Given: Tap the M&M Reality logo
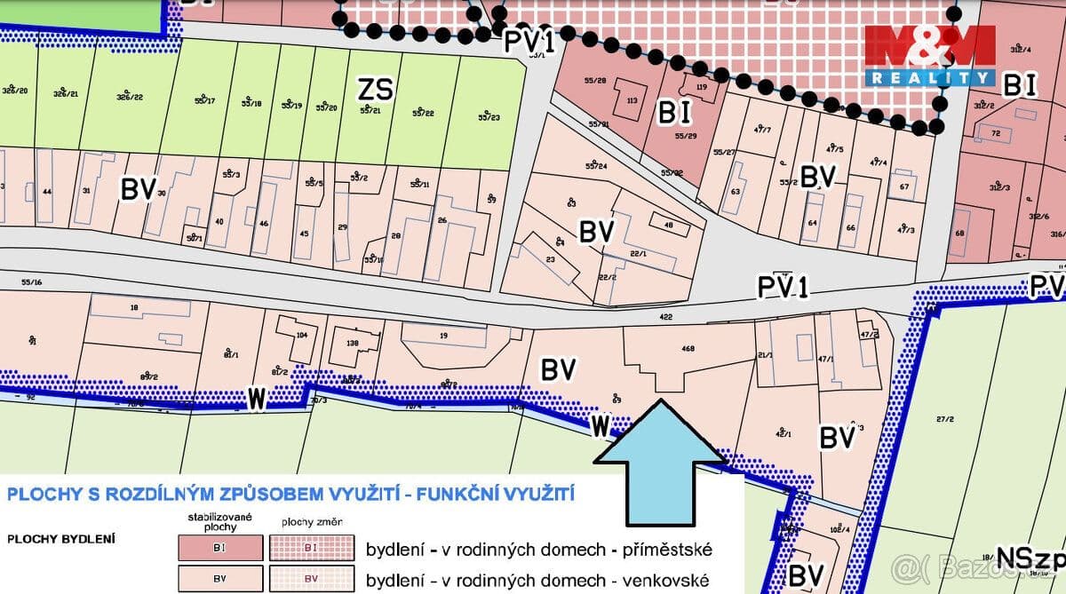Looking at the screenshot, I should [x=930, y=55].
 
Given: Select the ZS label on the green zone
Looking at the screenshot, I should [x=375, y=89].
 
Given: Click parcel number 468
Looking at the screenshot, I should [x=688, y=349].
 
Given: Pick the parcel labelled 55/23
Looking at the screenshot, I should [x=489, y=117].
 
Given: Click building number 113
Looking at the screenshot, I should [x=632, y=101].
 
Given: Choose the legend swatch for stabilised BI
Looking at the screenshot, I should [x=220, y=548].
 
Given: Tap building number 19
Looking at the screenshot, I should [x=442, y=337].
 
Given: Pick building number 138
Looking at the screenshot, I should [x=351, y=343].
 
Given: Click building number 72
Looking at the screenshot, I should [x=996, y=134].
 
